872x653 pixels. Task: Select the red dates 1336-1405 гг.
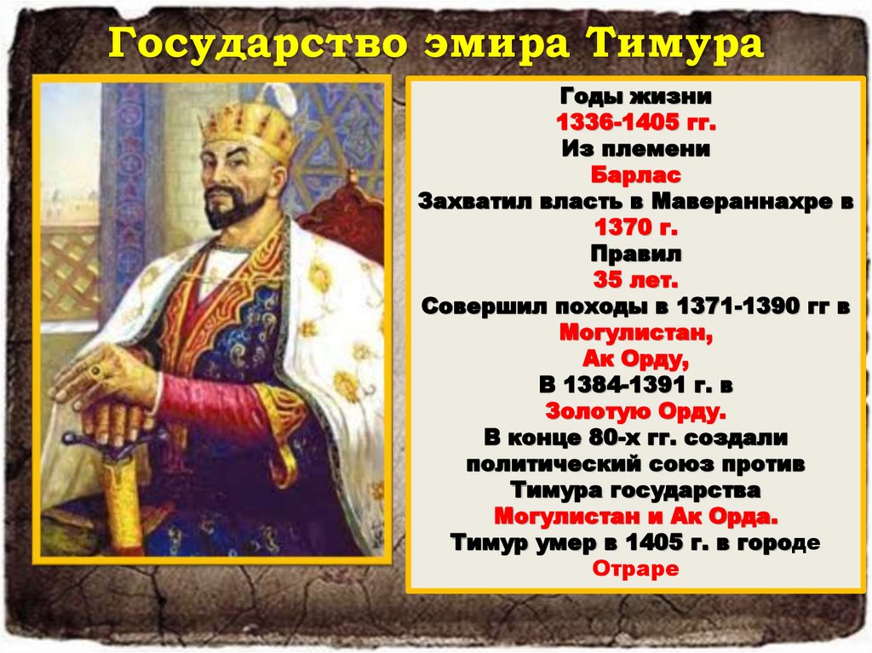pos(636,123)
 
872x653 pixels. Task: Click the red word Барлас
pos(636,176)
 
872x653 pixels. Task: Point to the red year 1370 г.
pos(636,228)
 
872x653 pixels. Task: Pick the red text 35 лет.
pos(636,280)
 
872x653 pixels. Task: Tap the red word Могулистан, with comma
pos(636,333)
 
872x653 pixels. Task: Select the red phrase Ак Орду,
pos(636,358)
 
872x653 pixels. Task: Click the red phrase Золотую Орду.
pos(636,411)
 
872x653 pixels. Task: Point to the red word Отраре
pos(636,568)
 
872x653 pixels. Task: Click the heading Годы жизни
pos(636,97)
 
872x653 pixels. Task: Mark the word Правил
pos(636,255)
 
